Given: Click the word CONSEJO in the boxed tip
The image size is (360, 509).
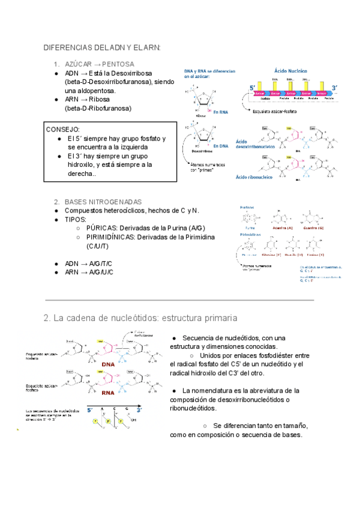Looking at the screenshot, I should click(x=63, y=129).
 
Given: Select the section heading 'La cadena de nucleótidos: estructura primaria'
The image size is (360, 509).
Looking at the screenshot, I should click(x=140, y=318).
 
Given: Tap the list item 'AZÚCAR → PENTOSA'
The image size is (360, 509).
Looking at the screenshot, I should click(x=99, y=64).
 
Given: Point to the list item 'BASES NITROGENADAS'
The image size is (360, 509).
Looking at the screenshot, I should click(x=103, y=202).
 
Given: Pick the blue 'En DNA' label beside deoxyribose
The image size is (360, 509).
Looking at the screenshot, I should click(x=220, y=146).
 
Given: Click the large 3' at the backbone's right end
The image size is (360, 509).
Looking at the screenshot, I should click(x=335, y=88).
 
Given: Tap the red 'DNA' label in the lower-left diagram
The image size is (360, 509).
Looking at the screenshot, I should click(x=108, y=364).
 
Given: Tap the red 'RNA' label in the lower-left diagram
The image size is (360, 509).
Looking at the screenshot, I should click(x=108, y=394).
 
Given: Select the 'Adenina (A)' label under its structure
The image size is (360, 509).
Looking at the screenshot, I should click(x=281, y=229).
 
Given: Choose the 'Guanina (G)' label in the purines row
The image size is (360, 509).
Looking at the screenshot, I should click(x=313, y=229).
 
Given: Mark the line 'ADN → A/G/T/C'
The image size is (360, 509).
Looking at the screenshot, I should click(x=89, y=264).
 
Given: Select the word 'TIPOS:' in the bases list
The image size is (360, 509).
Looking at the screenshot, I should click(x=76, y=220).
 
